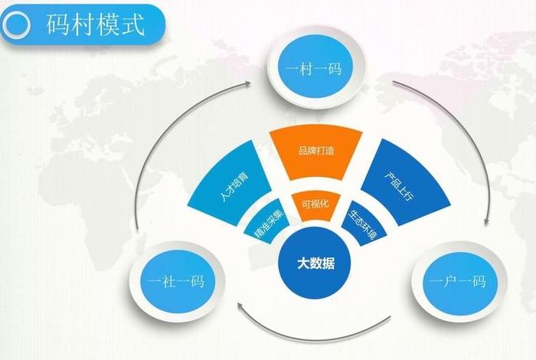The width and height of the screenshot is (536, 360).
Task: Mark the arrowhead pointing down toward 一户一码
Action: [488, 222]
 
